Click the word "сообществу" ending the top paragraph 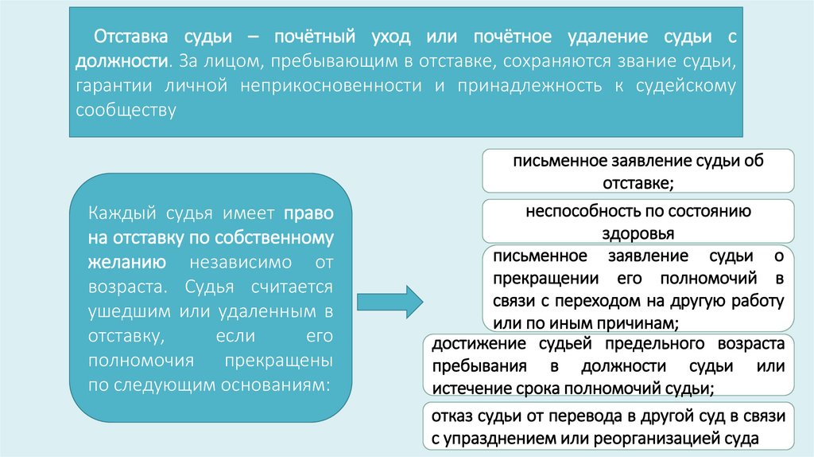pos(125,109)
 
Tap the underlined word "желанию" pos(127,263)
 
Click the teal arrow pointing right pos(390,301)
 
